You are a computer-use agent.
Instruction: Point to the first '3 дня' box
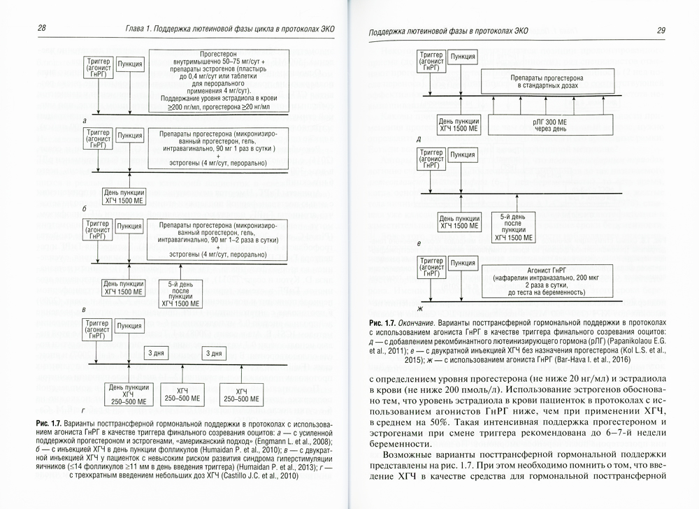point(155,353)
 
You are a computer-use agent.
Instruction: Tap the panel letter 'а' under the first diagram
point(84,121)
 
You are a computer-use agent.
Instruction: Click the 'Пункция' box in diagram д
point(463,56)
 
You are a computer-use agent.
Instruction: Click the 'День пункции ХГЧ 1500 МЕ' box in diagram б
point(124,196)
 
